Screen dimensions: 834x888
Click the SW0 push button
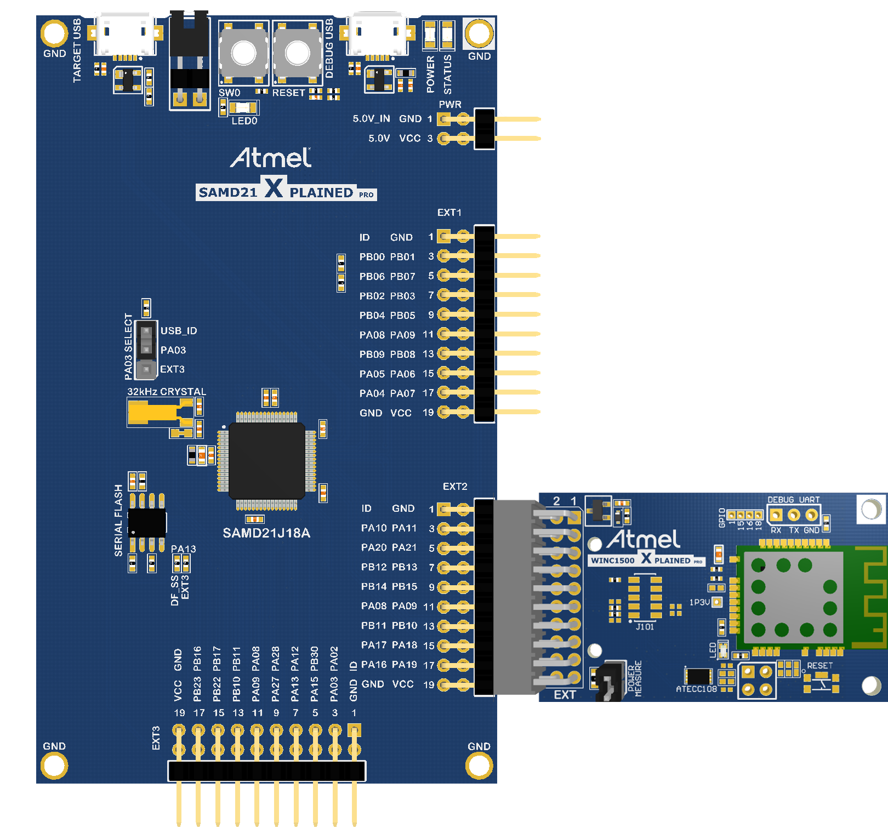click(244, 53)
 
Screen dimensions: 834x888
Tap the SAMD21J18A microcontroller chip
click(266, 460)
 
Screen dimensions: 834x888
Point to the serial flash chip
click(146, 523)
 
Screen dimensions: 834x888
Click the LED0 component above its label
click(243, 107)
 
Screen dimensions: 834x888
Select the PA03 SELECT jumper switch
click(146, 350)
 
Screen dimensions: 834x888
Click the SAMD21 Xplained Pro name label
click(286, 192)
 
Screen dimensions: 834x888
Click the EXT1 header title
click(449, 213)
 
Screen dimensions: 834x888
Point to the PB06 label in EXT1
click(372, 277)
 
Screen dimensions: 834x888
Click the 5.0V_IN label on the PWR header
click(371, 119)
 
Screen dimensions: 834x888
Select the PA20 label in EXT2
click(373, 548)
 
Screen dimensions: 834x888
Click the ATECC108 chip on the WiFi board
click(698, 676)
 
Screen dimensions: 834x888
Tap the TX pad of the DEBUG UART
click(794, 515)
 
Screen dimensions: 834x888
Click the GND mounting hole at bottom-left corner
click(54, 766)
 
